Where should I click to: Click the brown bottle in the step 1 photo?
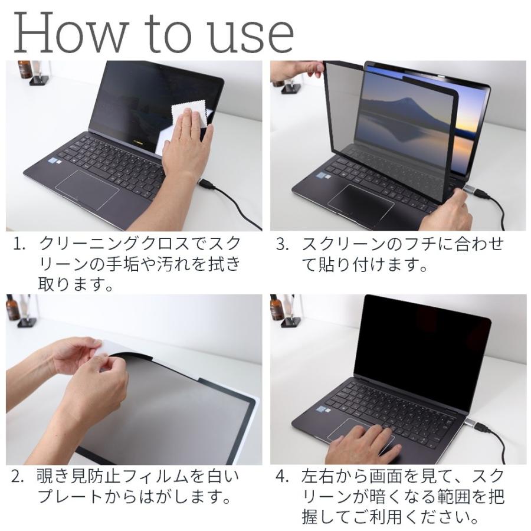(25, 70)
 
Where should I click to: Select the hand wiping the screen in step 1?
(187, 147)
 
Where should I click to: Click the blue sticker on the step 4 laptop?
(323, 409)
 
